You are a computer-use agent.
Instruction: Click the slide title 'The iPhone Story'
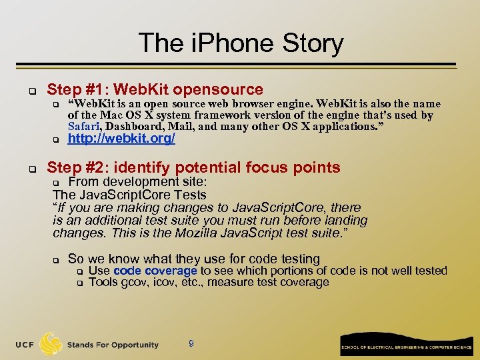click(x=241, y=43)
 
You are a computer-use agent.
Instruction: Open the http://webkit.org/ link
click(x=122, y=139)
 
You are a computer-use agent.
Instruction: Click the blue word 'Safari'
click(x=83, y=126)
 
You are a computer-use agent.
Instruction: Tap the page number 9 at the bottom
click(x=191, y=343)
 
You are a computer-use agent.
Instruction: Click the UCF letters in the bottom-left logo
click(x=25, y=345)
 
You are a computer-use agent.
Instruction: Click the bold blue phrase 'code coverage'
click(x=155, y=271)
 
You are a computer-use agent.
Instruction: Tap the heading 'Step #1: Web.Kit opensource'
click(x=155, y=89)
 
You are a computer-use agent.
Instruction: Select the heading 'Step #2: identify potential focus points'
click(x=193, y=167)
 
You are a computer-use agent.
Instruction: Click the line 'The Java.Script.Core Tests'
click(x=129, y=195)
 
